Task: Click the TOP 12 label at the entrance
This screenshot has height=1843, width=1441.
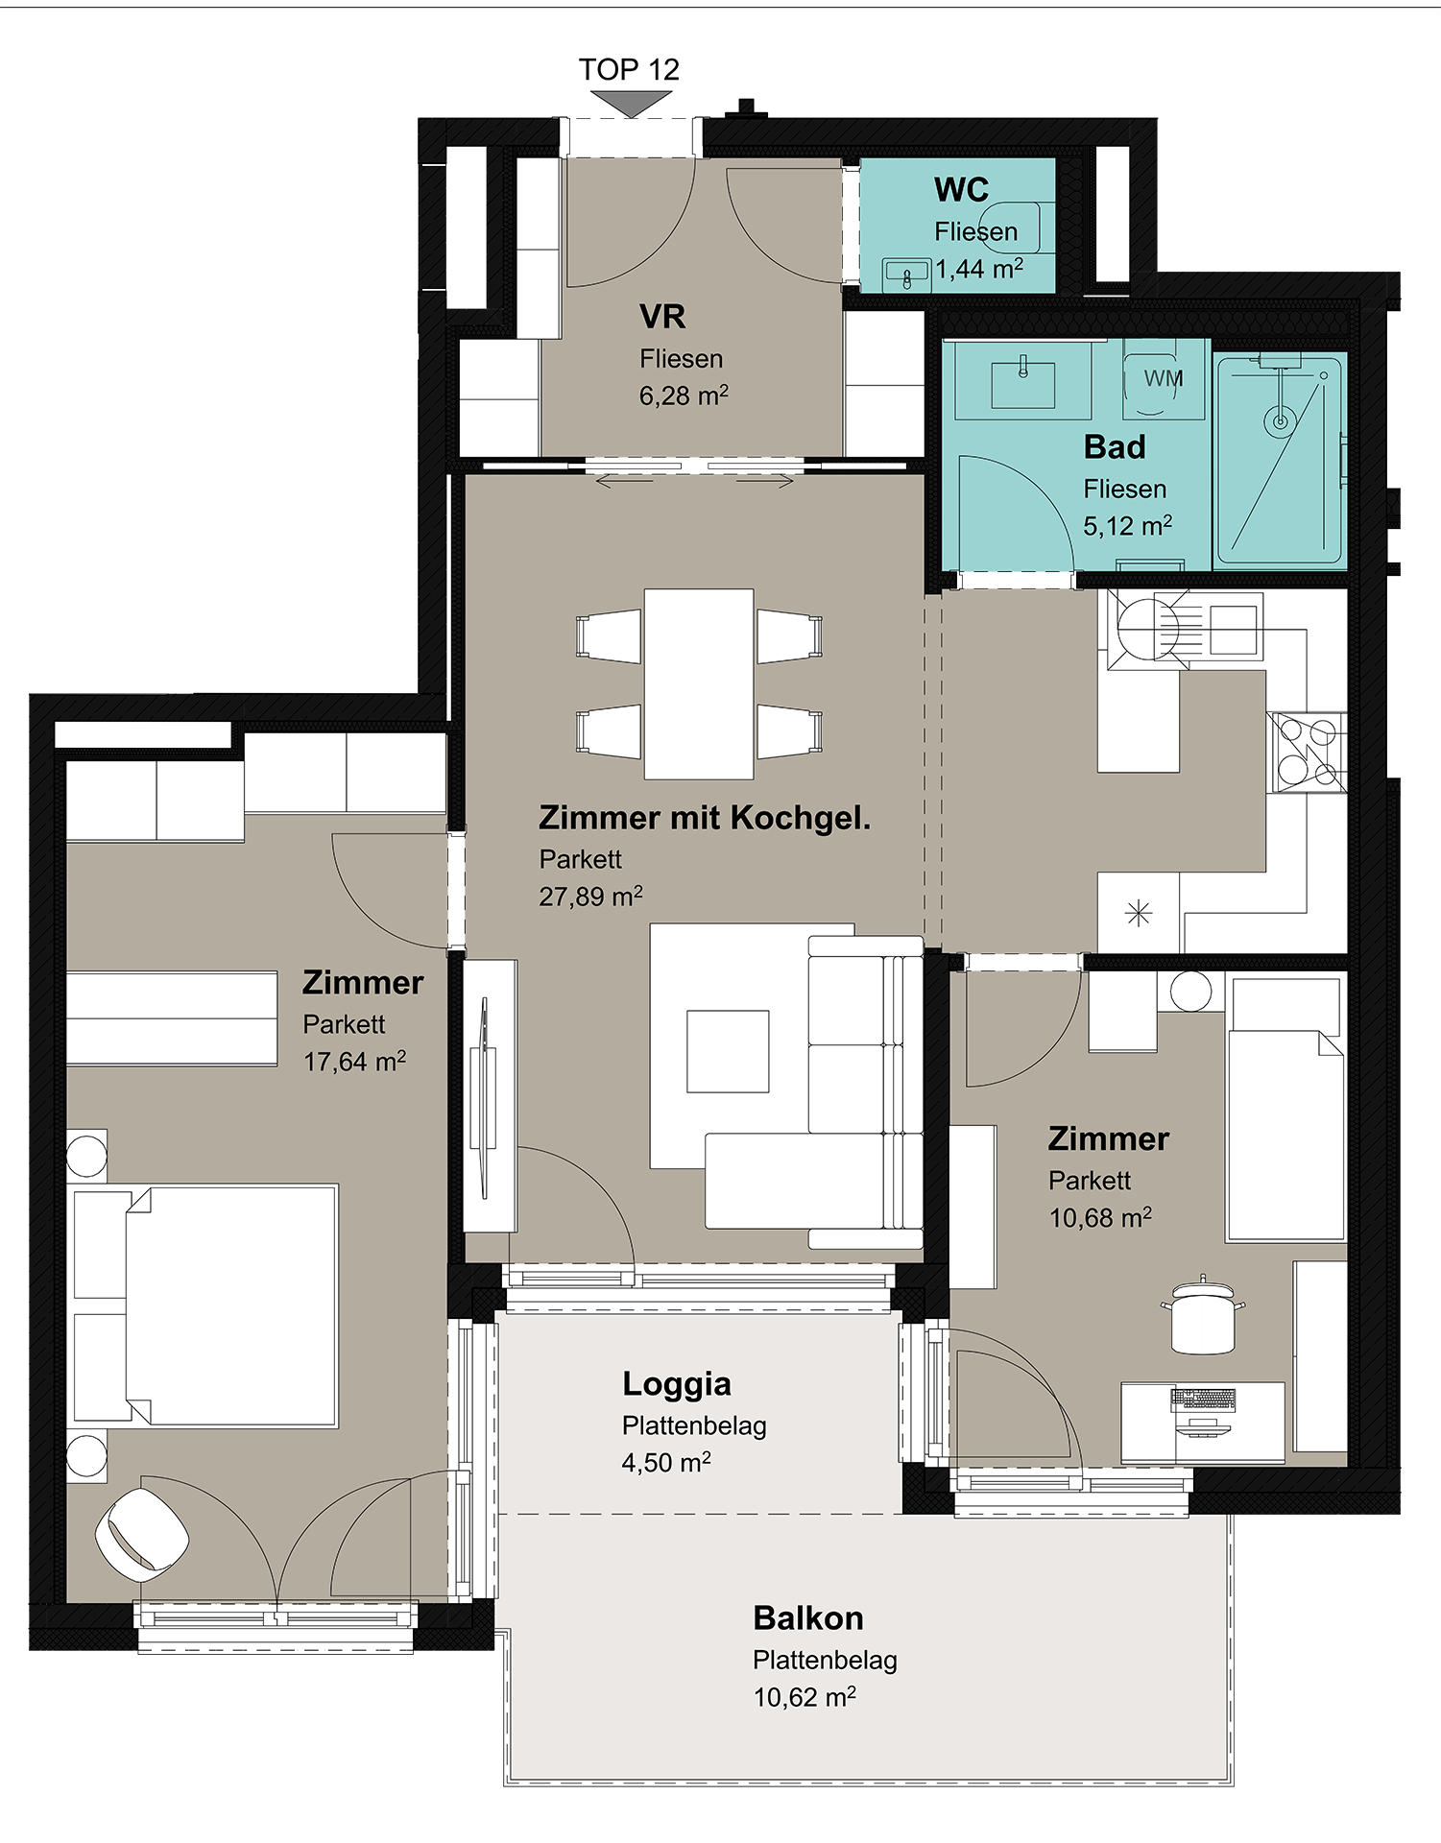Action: [x=629, y=69]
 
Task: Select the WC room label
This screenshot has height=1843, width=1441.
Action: [x=961, y=189]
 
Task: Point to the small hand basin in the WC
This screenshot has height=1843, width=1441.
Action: [x=907, y=275]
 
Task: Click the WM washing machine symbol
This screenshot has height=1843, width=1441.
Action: [x=1164, y=378]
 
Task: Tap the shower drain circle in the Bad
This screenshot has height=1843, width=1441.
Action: [x=1280, y=420]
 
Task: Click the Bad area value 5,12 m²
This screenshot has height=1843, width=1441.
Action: [x=1127, y=526]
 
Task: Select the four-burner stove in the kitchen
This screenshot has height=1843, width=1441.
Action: [x=1307, y=753]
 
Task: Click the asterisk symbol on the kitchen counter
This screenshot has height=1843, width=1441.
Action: [x=1138, y=913]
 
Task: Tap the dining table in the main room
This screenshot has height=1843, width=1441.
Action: [x=699, y=683]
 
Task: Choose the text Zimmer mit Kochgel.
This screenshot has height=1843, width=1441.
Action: [x=705, y=818]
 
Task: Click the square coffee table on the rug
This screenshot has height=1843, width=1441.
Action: [x=728, y=1051]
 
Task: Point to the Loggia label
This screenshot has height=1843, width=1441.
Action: [x=677, y=1384]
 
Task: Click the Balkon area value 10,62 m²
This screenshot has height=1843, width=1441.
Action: [x=805, y=1697]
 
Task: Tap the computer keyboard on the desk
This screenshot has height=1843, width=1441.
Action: [x=1202, y=1400]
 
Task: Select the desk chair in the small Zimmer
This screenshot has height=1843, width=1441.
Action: [x=1203, y=1315]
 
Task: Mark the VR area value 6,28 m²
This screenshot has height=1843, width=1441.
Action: [x=684, y=395]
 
